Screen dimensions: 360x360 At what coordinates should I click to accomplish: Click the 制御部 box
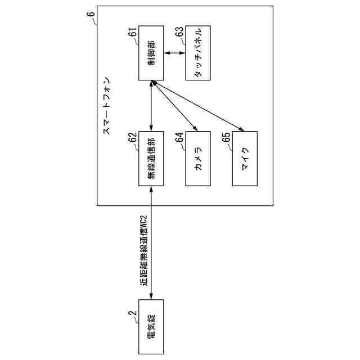click(x=151, y=53)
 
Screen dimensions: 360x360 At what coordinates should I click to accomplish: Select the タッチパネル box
click(x=198, y=53)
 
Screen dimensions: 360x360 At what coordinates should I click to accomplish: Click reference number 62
click(x=133, y=138)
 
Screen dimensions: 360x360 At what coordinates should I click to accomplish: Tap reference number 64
click(x=180, y=138)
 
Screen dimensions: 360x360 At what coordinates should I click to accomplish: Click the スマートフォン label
click(x=107, y=106)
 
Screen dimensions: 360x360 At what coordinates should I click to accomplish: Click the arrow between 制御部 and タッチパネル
click(x=174, y=53)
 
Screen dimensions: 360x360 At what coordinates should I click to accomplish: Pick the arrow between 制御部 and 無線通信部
click(x=151, y=106)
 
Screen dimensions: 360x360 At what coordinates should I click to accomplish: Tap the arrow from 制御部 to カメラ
click(x=174, y=106)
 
